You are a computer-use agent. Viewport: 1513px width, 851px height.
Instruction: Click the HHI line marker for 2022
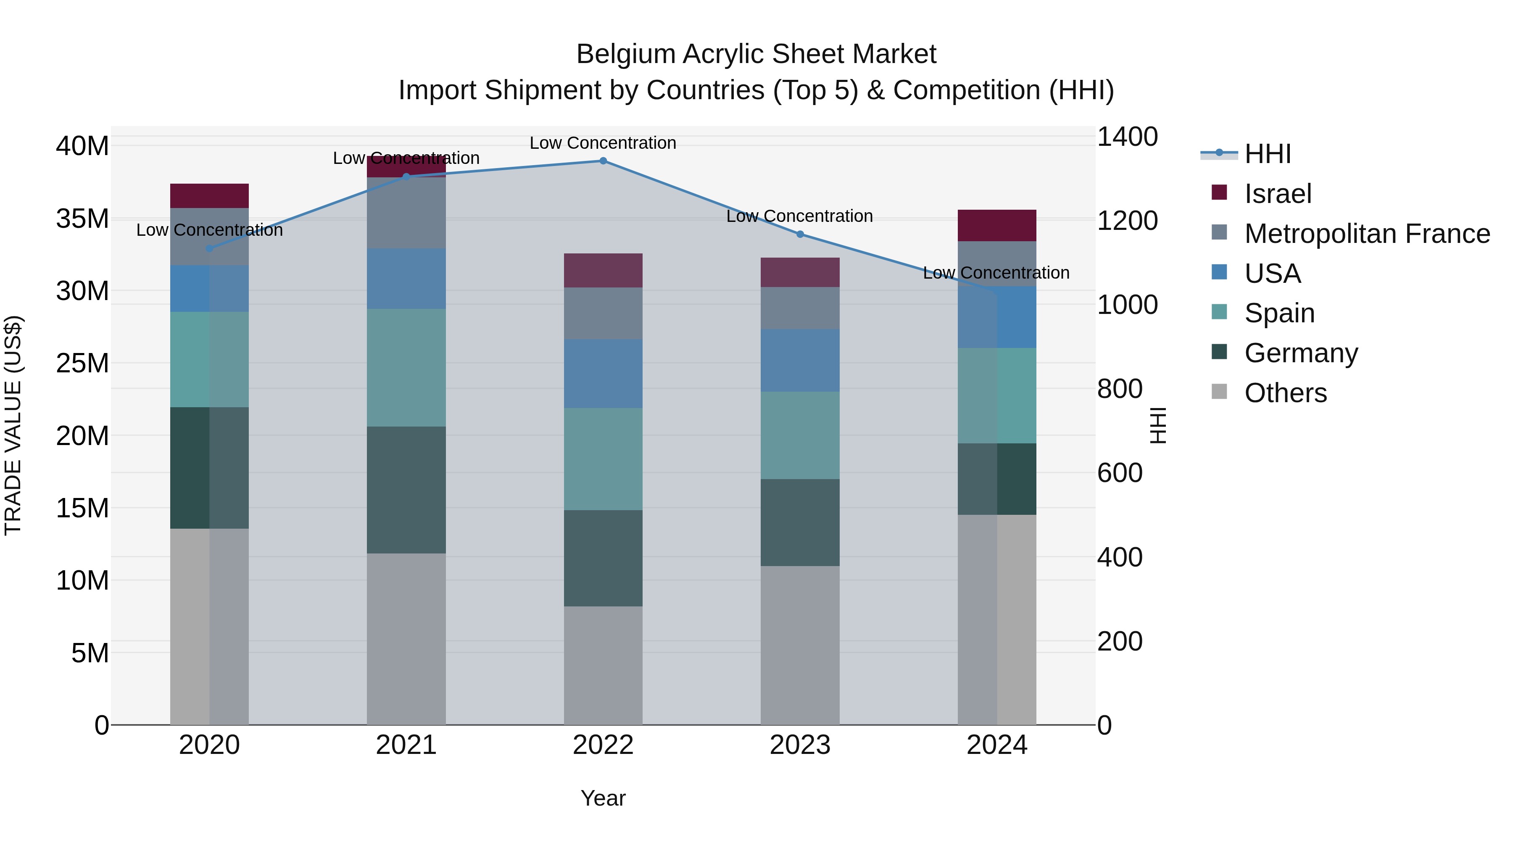(603, 161)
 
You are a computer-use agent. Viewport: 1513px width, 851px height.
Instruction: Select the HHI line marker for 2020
(209, 248)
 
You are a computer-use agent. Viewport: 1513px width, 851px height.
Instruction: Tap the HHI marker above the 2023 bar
(799, 234)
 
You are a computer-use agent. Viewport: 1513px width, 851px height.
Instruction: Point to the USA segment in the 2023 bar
(799, 360)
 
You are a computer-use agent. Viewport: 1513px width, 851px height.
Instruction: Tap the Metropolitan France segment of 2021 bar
(406, 213)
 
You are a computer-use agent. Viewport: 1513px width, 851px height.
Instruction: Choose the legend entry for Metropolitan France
(1367, 234)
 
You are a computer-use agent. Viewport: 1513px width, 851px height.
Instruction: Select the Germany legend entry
(1301, 353)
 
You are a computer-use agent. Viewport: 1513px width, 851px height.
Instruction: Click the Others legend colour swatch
(1219, 392)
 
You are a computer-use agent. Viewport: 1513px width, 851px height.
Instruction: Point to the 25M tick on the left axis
(82, 363)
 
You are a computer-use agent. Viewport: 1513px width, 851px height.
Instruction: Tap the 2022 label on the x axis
(603, 745)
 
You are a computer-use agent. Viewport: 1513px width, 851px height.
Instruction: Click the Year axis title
(603, 798)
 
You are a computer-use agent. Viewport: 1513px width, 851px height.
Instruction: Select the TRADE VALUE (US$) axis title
(13, 425)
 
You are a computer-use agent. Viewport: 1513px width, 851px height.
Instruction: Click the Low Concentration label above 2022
(603, 143)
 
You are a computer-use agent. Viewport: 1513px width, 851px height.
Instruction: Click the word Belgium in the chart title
(625, 54)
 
